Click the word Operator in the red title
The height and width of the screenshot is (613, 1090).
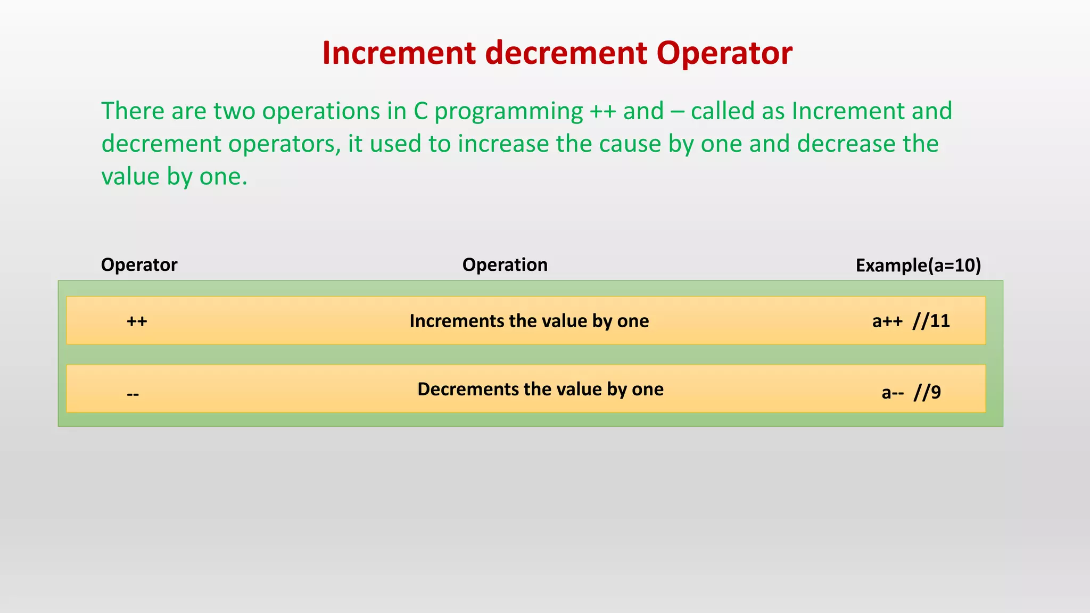724,53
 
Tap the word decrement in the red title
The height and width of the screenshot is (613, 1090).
566,53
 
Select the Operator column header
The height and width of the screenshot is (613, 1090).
139,265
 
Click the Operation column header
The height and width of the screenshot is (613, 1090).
505,265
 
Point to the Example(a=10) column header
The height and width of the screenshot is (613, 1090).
918,265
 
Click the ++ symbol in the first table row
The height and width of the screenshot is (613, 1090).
137,321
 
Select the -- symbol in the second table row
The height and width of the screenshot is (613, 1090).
133,394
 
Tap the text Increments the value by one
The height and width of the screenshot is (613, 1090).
529,321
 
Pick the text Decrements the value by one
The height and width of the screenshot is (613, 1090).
540,389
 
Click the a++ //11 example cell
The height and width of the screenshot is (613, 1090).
911,321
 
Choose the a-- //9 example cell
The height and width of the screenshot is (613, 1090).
911,393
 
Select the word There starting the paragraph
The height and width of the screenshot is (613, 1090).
133,111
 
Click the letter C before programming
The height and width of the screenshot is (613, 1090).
420,111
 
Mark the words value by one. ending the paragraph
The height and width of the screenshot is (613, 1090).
175,177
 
